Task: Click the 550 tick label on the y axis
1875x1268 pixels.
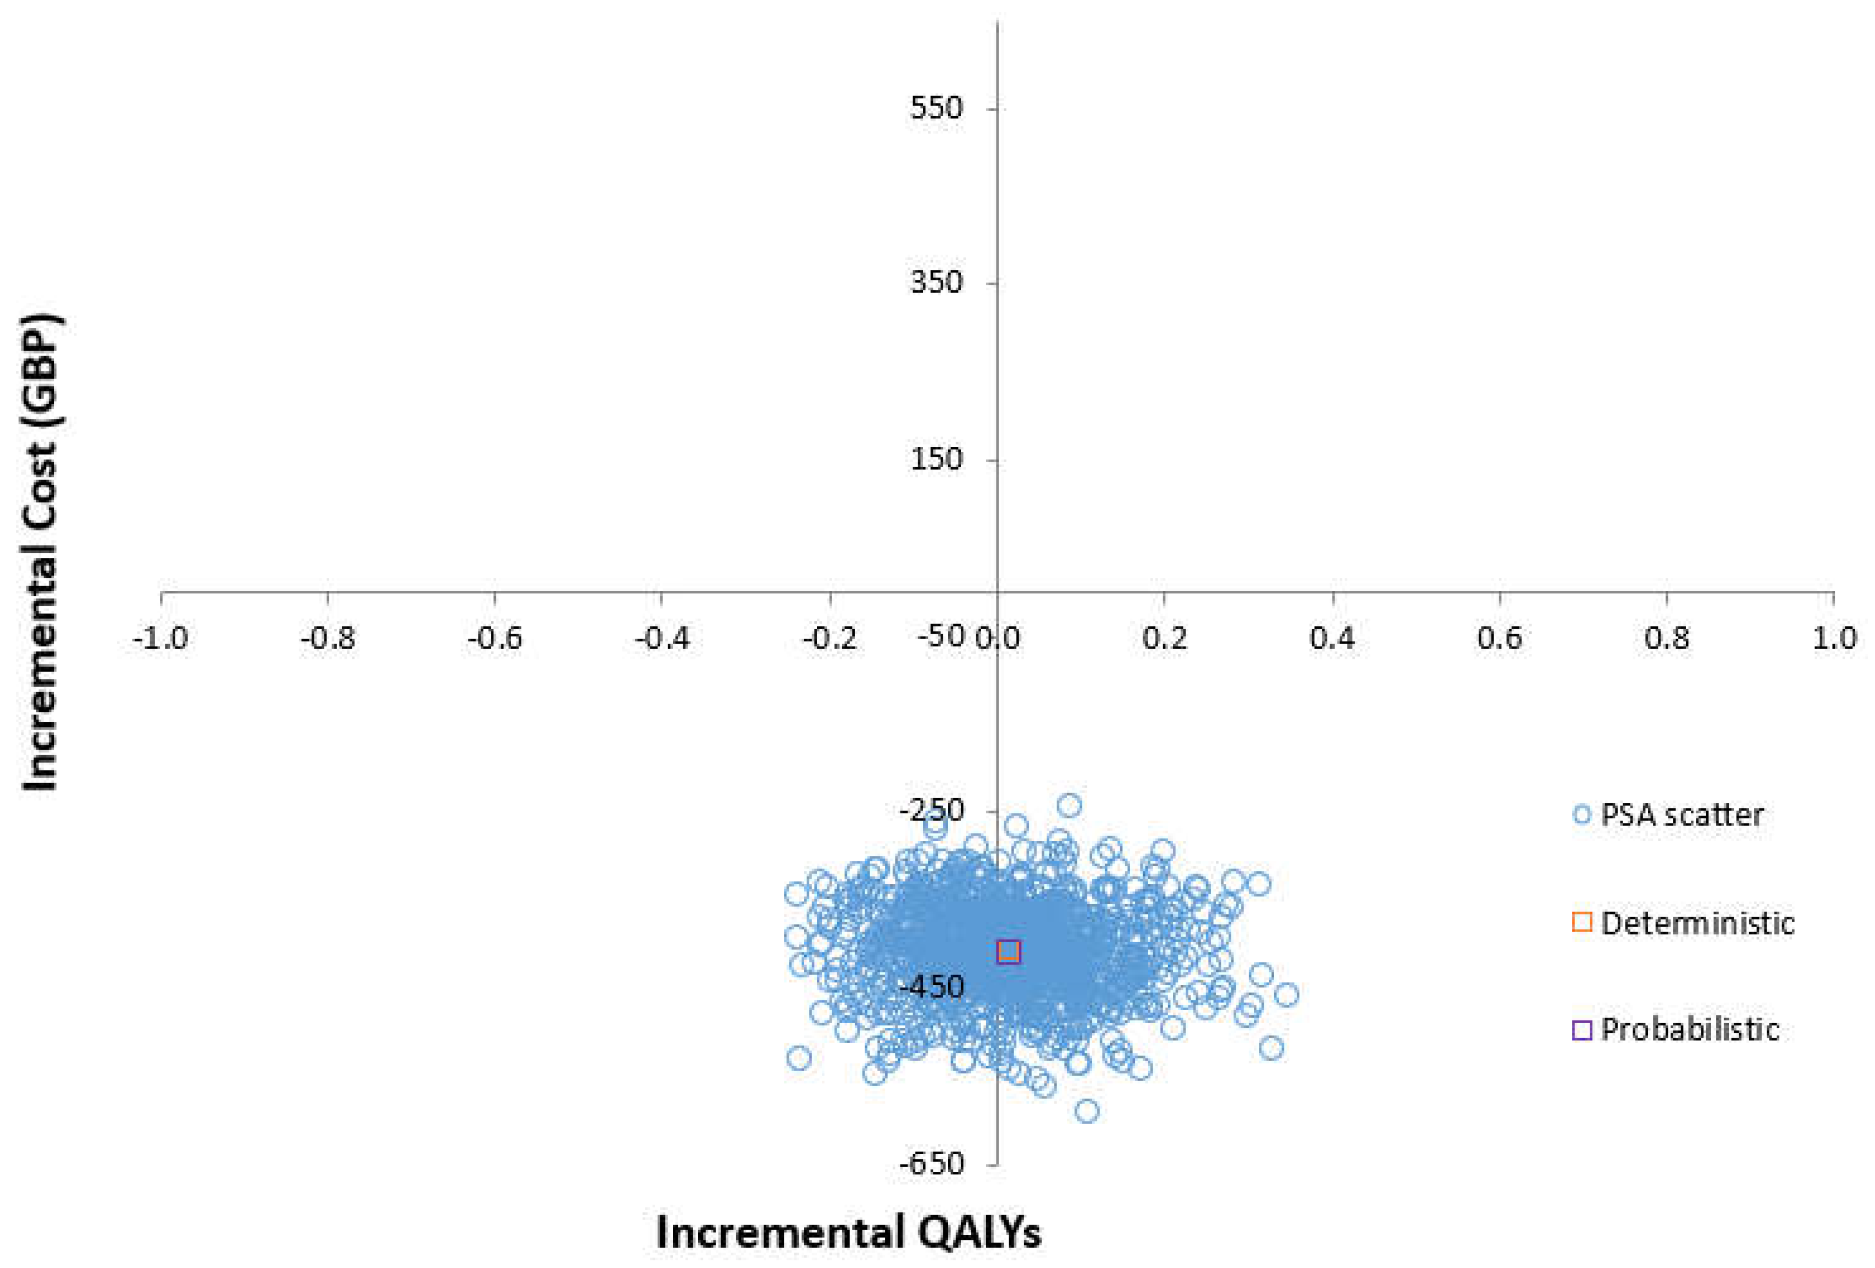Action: (936, 108)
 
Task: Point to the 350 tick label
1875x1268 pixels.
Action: (936, 283)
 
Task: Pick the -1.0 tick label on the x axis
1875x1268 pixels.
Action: (160, 639)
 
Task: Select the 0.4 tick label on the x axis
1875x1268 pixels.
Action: (1332, 639)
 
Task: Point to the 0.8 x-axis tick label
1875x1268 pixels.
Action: (1667, 639)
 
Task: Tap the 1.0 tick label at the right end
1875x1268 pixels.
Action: (1834, 639)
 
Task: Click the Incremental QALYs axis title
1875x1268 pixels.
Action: (849, 1232)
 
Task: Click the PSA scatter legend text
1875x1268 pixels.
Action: (1682, 815)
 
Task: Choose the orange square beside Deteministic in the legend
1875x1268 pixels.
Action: (1582, 922)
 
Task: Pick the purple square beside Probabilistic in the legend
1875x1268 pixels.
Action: (1582, 1030)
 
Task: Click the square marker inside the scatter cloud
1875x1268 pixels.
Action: (1009, 952)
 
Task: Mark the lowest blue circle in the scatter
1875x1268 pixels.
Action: (1087, 1111)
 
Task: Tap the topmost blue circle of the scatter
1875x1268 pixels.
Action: (1069, 805)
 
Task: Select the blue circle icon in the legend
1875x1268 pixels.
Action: (1582, 815)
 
